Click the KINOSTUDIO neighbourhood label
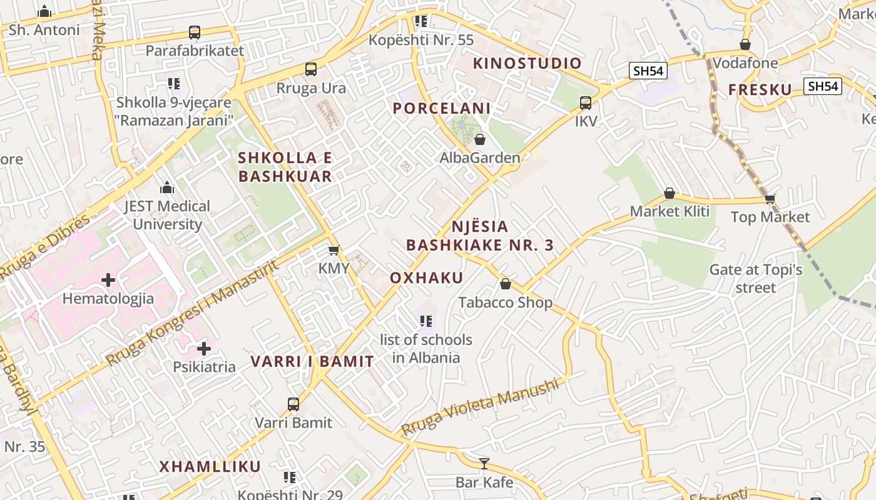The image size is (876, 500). click(x=527, y=63)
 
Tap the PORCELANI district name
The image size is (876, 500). click(x=441, y=108)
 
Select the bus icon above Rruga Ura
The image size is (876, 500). click(x=311, y=69)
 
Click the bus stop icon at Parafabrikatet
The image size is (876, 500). click(x=195, y=32)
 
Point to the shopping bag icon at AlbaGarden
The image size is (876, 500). click(x=480, y=139)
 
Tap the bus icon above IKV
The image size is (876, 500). click(x=586, y=103)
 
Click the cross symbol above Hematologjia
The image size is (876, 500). click(x=108, y=279)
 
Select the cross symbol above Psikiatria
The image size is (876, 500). click(x=204, y=348)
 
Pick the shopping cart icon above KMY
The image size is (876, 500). click(x=334, y=250)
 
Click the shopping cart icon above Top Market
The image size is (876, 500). click(x=770, y=199)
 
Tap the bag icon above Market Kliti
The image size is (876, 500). click(x=670, y=193)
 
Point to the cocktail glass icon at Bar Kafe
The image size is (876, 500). click(x=484, y=463)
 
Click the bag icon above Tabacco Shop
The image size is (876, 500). click(x=506, y=284)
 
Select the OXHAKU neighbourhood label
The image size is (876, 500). click(x=427, y=278)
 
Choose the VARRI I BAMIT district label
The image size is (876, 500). click(x=312, y=361)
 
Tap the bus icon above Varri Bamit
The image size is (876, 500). click(x=293, y=404)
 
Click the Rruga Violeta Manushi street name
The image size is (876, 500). click(x=479, y=407)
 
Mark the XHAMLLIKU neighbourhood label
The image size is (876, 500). click(x=210, y=466)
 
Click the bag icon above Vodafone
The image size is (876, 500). click(x=745, y=44)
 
